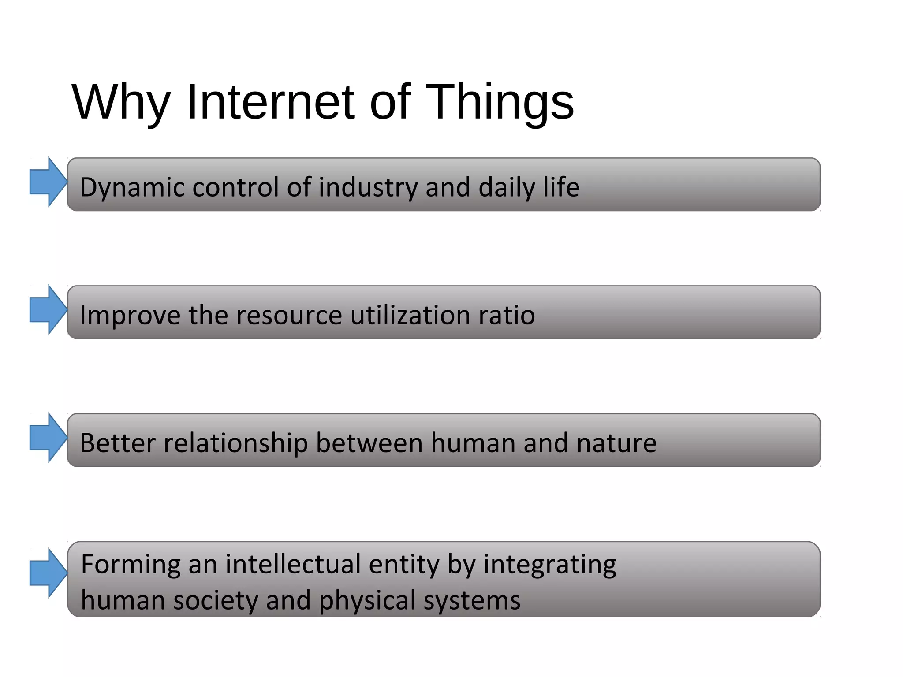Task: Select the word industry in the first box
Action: [368, 187]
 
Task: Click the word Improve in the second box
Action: [130, 315]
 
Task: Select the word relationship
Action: [236, 443]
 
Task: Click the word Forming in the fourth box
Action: [131, 565]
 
